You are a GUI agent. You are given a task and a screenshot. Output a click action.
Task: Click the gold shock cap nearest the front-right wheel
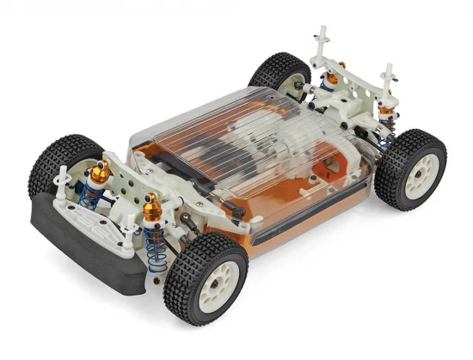[152, 207]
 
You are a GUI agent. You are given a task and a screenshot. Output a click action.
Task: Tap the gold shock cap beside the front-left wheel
[100, 173]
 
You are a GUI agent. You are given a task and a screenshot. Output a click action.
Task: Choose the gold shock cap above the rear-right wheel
[386, 111]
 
